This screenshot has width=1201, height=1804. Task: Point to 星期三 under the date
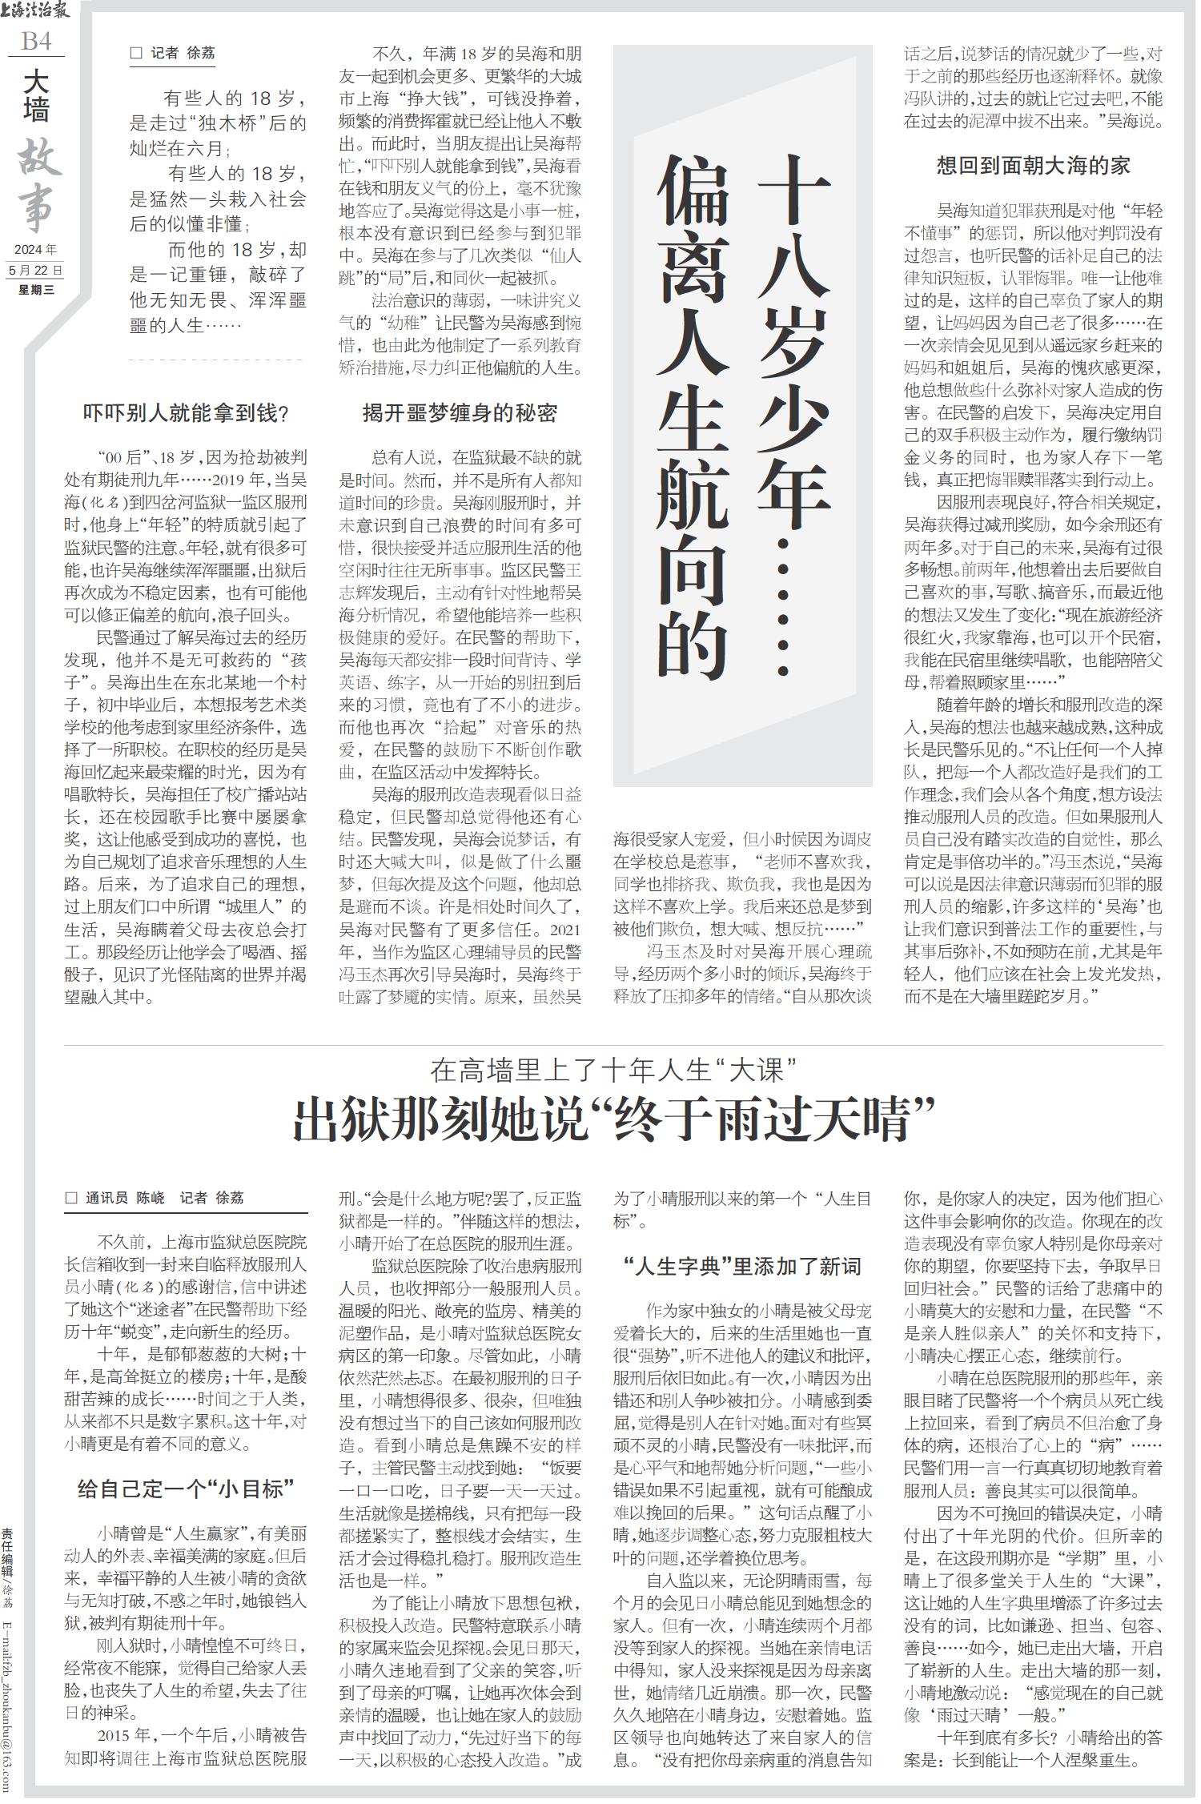[36, 290]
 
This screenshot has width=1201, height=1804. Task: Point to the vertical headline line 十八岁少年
[793, 344]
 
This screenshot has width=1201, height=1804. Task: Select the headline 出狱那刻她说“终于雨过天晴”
[614, 1121]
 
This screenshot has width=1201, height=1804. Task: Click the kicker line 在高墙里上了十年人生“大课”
[614, 1069]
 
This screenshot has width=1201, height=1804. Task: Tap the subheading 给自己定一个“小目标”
[186, 1489]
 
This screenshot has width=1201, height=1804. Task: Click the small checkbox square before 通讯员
[71, 1198]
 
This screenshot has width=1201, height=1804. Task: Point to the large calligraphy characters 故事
[37, 186]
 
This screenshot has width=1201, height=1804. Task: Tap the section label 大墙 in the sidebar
[36, 94]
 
